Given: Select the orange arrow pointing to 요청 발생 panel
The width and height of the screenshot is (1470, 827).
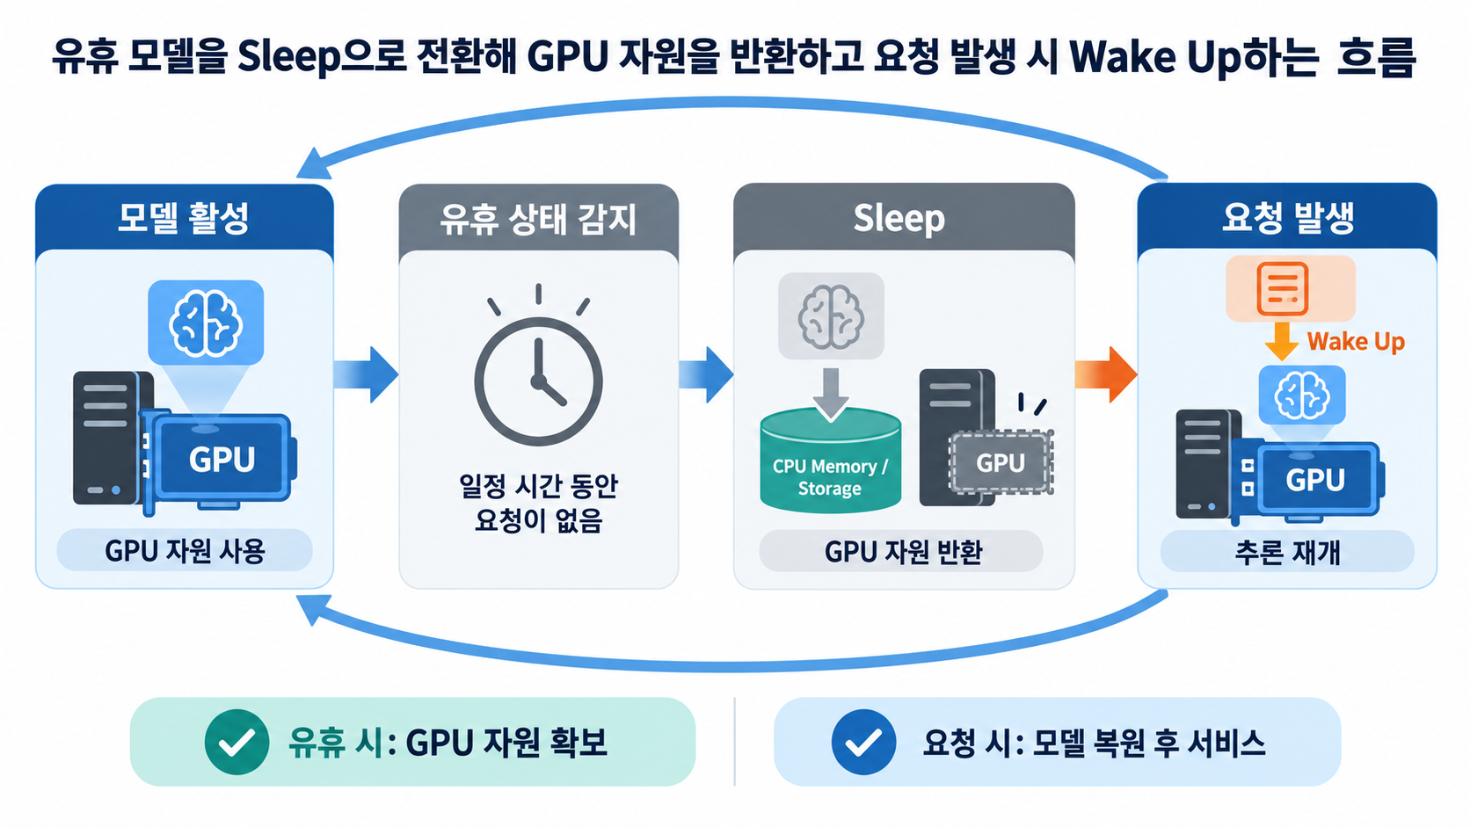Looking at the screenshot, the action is [1106, 374].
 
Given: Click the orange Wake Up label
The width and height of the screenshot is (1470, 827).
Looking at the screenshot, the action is [1356, 342].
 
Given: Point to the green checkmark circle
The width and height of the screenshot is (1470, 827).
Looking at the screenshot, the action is [237, 742].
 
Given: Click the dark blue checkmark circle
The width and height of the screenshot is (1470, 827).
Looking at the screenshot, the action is [863, 742].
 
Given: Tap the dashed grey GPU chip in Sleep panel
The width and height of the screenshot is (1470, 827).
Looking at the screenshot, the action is [1001, 462].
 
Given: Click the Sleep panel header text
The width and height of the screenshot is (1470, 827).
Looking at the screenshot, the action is [899, 218].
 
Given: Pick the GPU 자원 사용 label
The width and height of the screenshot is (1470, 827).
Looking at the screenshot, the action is [185, 551].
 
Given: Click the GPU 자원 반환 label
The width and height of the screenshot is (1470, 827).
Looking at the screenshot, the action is [903, 552].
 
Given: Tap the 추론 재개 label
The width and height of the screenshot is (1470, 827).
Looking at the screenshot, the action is [1287, 552].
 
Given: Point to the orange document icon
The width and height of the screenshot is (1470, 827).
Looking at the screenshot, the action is [1283, 288].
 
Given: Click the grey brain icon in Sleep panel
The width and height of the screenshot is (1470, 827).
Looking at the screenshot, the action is [831, 316].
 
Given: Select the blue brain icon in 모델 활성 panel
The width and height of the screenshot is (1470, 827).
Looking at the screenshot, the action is [206, 323].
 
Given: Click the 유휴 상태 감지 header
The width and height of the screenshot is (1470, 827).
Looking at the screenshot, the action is [538, 219].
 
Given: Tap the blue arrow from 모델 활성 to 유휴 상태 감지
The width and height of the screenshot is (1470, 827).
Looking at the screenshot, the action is [366, 374].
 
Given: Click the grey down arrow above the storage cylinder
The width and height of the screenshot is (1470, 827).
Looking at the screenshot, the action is [831, 395].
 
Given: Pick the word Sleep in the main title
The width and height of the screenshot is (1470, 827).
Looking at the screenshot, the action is [289, 58].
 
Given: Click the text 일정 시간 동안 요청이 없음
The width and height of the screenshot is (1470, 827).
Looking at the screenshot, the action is [538, 503].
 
